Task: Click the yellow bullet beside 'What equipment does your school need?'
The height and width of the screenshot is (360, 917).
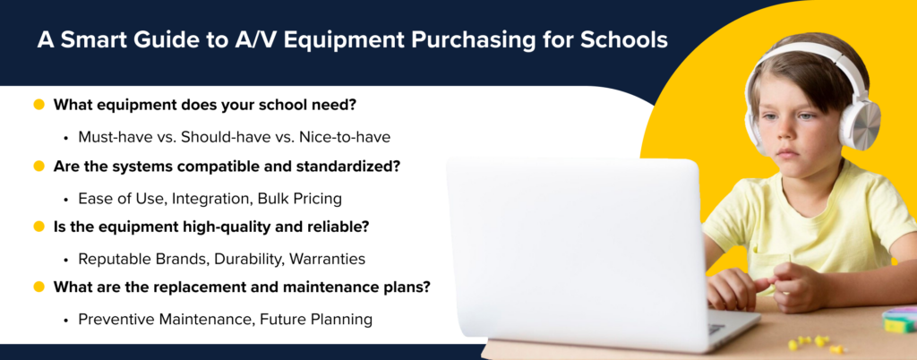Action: pyautogui.click(x=39, y=105)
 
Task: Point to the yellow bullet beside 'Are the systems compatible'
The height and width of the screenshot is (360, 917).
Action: pyautogui.click(x=39, y=166)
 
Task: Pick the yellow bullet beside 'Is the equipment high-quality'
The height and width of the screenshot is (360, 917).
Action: pyautogui.click(x=39, y=227)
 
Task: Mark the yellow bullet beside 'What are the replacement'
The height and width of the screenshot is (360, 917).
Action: pyautogui.click(x=39, y=287)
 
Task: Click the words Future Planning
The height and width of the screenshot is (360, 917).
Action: pyautogui.click(x=316, y=319)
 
